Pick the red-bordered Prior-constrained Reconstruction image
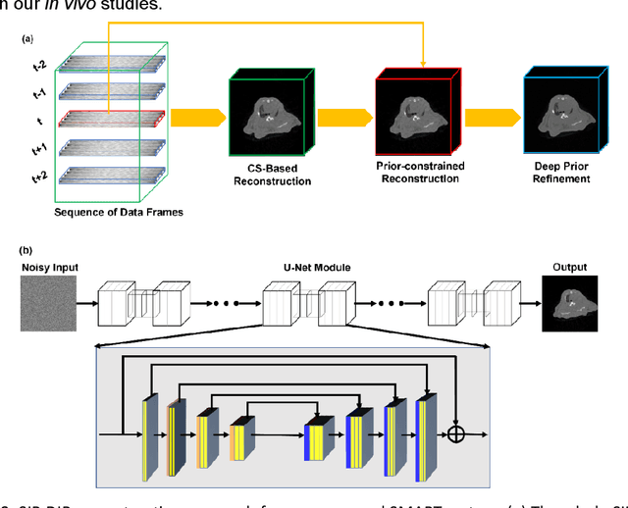(412, 115)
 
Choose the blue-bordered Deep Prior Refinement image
(562, 115)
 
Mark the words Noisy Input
(47, 267)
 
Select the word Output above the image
(569, 266)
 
